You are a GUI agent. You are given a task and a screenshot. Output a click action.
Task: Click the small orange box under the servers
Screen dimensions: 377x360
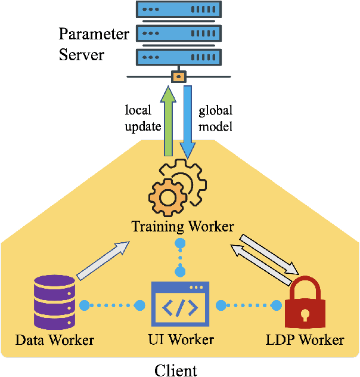click(x=177, y=77)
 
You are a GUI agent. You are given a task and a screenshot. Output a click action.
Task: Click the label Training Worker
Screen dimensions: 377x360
click(x=182, y=227)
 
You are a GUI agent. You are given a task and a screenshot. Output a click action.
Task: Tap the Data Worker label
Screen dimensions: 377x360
click(x=55, y=341)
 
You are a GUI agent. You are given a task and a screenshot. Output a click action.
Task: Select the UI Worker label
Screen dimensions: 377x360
click(x=180, y=341)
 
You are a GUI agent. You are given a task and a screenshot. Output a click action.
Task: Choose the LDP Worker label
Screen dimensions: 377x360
click(x=304, y=341)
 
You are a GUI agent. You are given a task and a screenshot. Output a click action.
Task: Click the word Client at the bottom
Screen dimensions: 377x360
click(x=175, y=370)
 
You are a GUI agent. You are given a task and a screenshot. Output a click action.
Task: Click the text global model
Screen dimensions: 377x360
click(x=215, y=118)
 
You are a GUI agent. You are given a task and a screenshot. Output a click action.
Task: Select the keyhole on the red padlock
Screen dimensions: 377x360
click(x=305, y=314)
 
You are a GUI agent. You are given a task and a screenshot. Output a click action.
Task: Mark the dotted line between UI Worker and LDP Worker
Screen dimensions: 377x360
click(x=249, y=304)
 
